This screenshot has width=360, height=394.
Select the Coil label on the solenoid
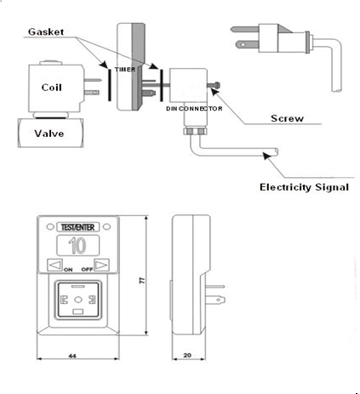[x=50, y=87]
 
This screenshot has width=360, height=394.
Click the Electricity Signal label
[x=303, y=186]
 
